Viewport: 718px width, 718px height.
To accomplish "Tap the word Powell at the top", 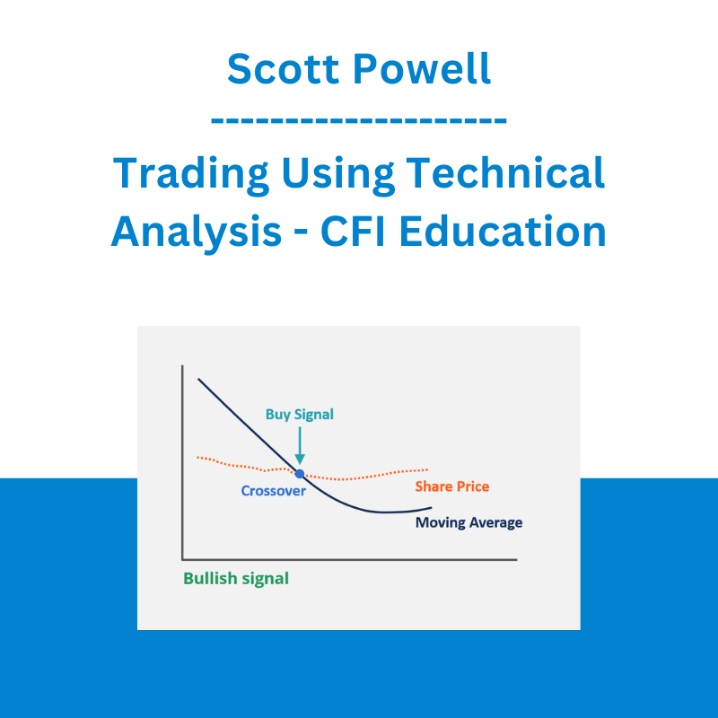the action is [422, 69].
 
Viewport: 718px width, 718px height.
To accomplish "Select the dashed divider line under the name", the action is [358, 120].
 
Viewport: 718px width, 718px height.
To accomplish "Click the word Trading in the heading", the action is [190, 175].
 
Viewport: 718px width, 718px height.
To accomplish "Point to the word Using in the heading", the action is [337, 175].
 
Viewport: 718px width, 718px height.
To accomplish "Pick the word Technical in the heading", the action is [505, 172].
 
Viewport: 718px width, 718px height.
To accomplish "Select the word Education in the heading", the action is [503, 232].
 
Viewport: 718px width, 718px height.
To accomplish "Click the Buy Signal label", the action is [300, 415].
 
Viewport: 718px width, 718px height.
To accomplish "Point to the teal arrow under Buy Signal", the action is [300, 445].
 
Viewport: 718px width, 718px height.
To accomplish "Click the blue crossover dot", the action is [300, 474].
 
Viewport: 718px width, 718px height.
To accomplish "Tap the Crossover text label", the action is [274, 491].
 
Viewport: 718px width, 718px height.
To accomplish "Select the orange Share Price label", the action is [452, 486].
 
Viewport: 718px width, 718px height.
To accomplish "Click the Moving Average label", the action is [468, 523].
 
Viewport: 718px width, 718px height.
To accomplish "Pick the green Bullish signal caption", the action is [236, 579].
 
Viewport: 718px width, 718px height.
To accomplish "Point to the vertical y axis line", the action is [182, 462].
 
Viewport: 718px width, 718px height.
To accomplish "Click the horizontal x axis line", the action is [349, 559].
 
